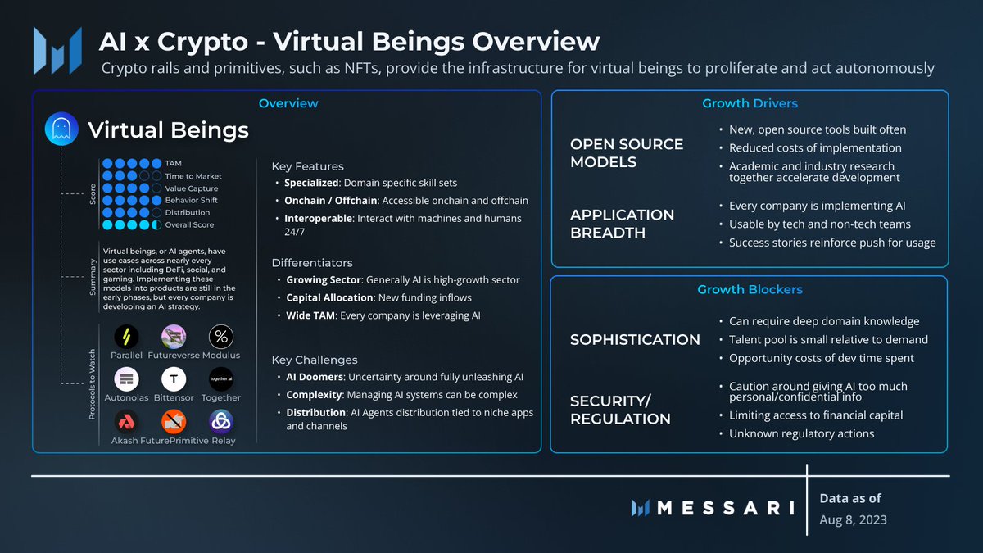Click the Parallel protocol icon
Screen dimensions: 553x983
point(126,336)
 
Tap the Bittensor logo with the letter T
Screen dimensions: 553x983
point(174,378)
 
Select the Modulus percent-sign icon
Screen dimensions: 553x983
point(221,336)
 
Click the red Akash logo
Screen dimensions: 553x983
point(126,421)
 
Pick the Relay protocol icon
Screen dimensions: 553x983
point(221,421)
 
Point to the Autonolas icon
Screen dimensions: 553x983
point(126,378)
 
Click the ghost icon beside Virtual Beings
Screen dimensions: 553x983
point(61,129)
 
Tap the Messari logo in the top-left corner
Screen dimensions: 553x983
point(57,50)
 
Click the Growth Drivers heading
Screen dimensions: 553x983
point(750,103)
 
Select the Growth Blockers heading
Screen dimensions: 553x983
point(750,289)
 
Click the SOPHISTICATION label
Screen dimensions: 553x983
point(635,339)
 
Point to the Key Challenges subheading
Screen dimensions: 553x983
point(315,360)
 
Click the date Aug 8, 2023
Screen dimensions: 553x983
point(853,519)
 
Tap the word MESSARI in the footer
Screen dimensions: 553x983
point(725,508)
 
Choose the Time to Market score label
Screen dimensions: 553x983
point(193,176)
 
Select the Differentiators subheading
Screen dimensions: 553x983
point(312,263)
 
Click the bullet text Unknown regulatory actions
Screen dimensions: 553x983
point(801,433)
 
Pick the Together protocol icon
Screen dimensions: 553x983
point(221,378)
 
